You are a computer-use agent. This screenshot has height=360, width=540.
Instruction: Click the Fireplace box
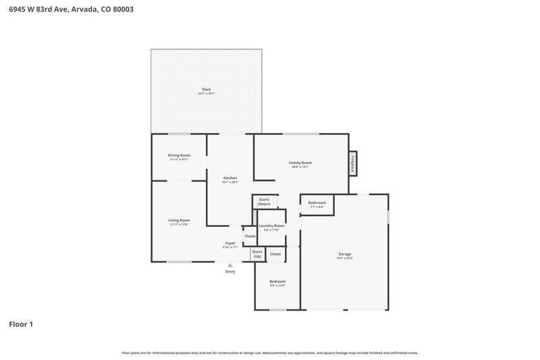pos(352,163)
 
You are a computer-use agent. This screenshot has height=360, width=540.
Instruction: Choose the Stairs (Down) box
pos(264,201)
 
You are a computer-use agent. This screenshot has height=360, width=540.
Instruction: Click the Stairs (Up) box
pos(257,254)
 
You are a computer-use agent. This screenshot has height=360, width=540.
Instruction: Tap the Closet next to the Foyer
pos(250,236)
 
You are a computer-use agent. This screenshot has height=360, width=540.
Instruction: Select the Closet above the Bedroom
pos(275,254)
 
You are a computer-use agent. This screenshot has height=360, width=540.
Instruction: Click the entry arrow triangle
pos(230,265)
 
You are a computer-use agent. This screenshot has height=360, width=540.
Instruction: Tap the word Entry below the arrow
pos(230,272)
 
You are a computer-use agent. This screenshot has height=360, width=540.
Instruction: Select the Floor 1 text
pos(20,324)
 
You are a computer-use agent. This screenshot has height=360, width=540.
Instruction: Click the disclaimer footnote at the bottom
pos(270,353)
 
